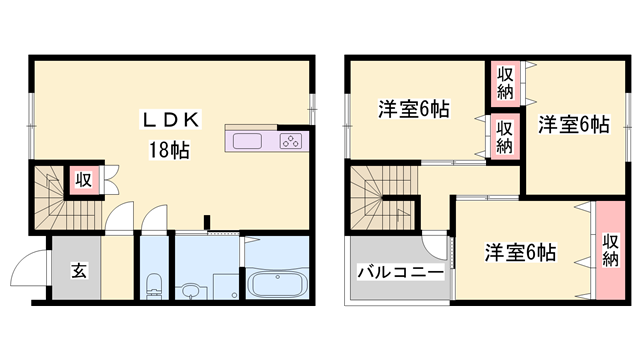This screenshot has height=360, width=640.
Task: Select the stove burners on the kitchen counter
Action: [291, 141]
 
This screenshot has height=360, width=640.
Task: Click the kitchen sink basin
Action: [248, 141]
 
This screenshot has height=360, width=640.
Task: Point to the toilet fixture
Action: [153, 285]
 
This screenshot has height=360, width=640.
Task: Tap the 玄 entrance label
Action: [77, 270]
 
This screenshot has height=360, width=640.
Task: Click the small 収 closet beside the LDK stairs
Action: [83, 180]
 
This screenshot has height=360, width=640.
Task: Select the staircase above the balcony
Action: [378, 200]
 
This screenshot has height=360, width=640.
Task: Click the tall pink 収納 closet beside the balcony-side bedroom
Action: [610, 250]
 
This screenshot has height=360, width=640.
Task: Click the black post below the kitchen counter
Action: [207, 222]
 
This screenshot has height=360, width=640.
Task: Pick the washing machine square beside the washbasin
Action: [226, 284]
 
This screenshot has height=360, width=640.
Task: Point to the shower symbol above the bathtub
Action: [250, 245]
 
